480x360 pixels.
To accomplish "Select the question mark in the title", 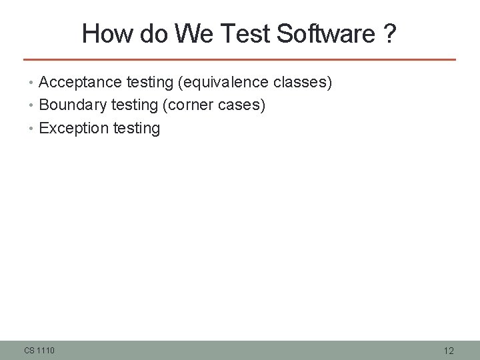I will pyautogui.click(x=389, y=33).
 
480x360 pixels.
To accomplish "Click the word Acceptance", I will pyautogui.click(x=75, y=83).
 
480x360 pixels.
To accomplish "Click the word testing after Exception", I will pyautogui.click(x=137, y=128).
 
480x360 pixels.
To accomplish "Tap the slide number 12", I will pyautogui.click(x=449, y=351).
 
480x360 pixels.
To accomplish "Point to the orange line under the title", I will pyautogui.click(x=239, y=59).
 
